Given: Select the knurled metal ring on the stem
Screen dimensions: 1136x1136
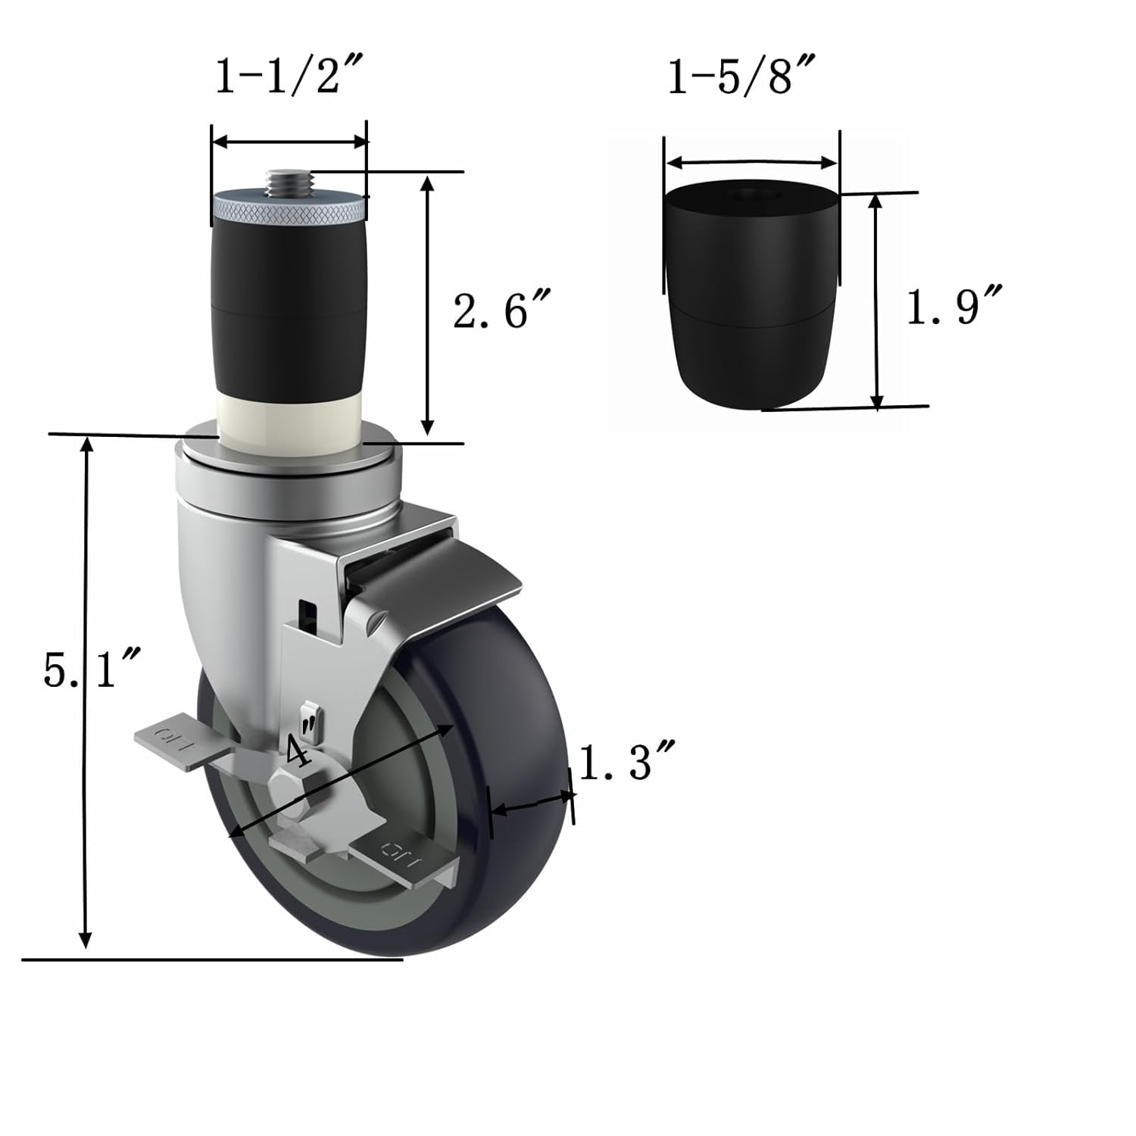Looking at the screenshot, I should point(289,209).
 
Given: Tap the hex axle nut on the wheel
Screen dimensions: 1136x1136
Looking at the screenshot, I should point(285,792).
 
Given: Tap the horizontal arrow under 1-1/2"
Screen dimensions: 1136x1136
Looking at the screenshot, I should point(289,142).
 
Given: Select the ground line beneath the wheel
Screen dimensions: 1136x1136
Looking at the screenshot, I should point(212,960).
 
